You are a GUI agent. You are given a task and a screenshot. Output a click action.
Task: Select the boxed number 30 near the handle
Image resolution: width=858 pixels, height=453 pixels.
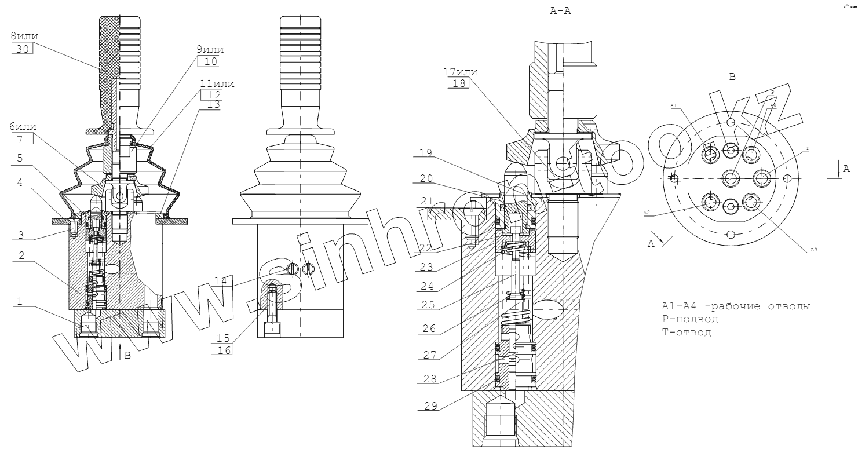point(22,49)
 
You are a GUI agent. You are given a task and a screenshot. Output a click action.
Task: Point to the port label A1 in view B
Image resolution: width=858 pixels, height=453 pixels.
point(673,106)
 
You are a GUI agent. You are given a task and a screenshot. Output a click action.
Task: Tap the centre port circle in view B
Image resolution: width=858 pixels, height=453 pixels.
point(731,177)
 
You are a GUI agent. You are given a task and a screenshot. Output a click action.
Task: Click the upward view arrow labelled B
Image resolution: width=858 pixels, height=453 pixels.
point(120,350)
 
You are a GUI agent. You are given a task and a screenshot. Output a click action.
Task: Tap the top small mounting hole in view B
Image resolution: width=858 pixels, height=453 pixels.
point(731,122)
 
